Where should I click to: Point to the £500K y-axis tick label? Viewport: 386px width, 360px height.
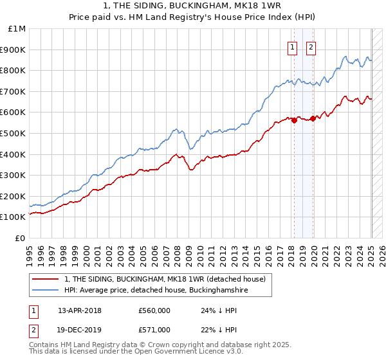coord(14,133)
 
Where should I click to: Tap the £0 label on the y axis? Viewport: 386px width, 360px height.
coord(21,238)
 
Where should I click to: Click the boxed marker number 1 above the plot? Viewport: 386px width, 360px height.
coord(293,46)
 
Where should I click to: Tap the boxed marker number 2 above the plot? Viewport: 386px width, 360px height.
coord(311,46)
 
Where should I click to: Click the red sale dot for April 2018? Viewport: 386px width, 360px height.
coord(294,120)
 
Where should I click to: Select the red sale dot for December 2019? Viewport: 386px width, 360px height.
coord(313,118)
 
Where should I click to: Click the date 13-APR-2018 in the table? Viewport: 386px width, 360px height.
coord(80,310)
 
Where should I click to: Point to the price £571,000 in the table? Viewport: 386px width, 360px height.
coord(154,330)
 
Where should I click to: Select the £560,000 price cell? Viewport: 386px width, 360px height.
coord(154,310)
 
